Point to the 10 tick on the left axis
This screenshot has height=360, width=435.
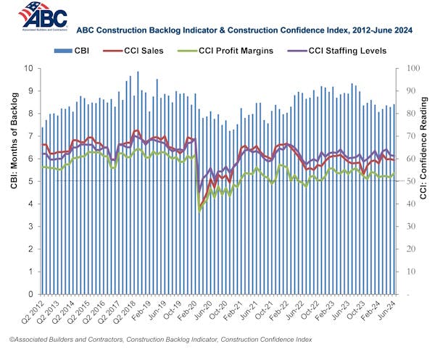(29, 68)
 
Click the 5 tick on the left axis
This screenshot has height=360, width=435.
(31, 181)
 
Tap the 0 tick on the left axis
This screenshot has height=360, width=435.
(31, 295)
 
